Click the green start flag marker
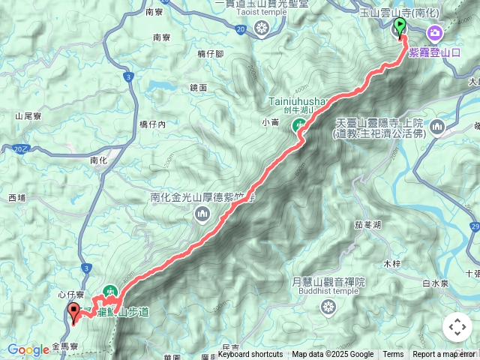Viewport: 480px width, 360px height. pos(399,27)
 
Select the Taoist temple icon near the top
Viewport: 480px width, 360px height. pos(261,29)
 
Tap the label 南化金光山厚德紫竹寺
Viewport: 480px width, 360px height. pos(203,198)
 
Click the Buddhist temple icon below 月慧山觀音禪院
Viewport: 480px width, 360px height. pos(328,306)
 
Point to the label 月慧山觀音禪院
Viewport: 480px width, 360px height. pos(328,282)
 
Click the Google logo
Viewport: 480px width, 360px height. pos(28,350)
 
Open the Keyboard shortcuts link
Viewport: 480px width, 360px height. pos(250,355)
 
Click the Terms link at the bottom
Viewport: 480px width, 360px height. pos(393,355)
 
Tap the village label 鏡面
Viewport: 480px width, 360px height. pos(199,88)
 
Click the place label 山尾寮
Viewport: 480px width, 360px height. pos(27,116)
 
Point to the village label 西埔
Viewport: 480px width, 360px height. pos(16,198)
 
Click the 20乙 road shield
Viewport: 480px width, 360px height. pos(20,149)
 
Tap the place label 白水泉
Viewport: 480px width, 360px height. pos(435,283)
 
